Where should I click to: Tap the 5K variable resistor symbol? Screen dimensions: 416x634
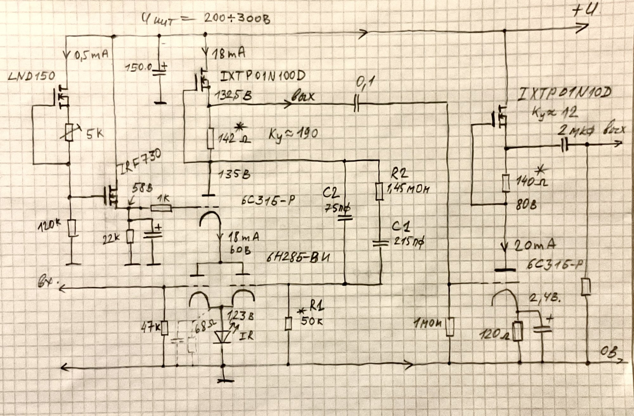pos(69,133)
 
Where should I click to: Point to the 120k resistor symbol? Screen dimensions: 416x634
pos(73,227)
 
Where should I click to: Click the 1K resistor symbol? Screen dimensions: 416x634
pos(161,208)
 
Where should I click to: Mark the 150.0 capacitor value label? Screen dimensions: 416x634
pos(139,68)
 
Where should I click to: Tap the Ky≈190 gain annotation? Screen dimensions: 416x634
pos(293,134)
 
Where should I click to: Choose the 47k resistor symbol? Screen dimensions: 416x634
pos(164,328)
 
